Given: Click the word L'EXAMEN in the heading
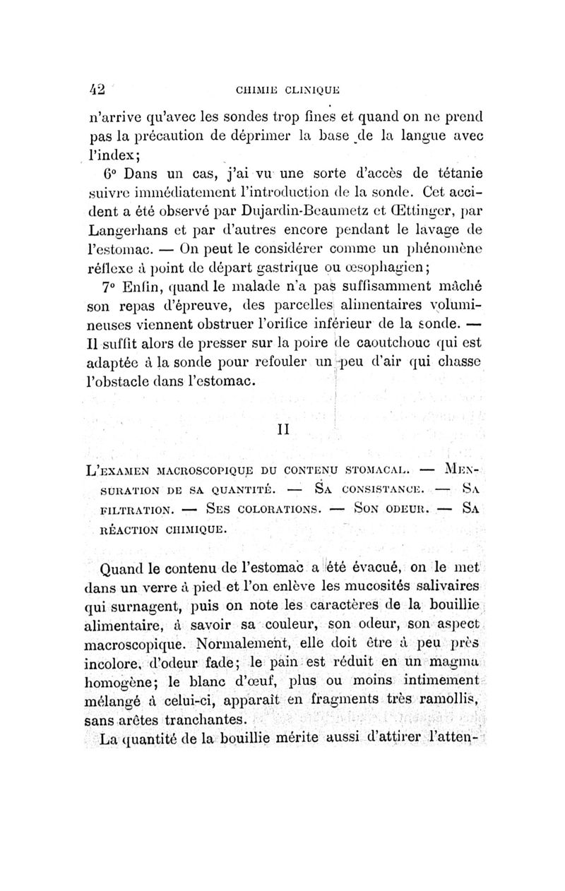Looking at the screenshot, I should click(x=114, y=470).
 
